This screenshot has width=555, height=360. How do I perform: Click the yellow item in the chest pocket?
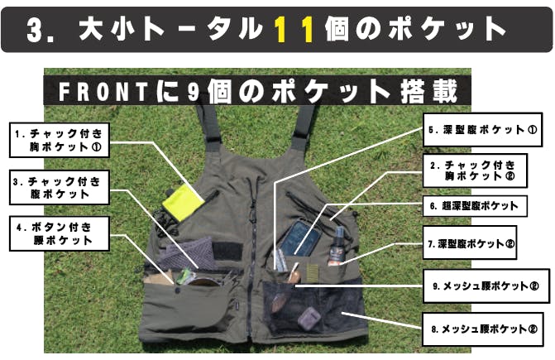(x=183, y=201)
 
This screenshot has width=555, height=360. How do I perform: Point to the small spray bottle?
(x=337, y=245)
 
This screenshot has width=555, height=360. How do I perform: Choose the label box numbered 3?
(x=59, y=188)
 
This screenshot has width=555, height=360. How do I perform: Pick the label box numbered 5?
(x=483, y=130)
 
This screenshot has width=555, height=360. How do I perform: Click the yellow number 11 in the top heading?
(x=294, y=29)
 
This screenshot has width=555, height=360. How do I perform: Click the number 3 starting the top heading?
(x=35, y=30)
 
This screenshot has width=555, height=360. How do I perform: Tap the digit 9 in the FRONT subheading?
(x=194, y=91)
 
